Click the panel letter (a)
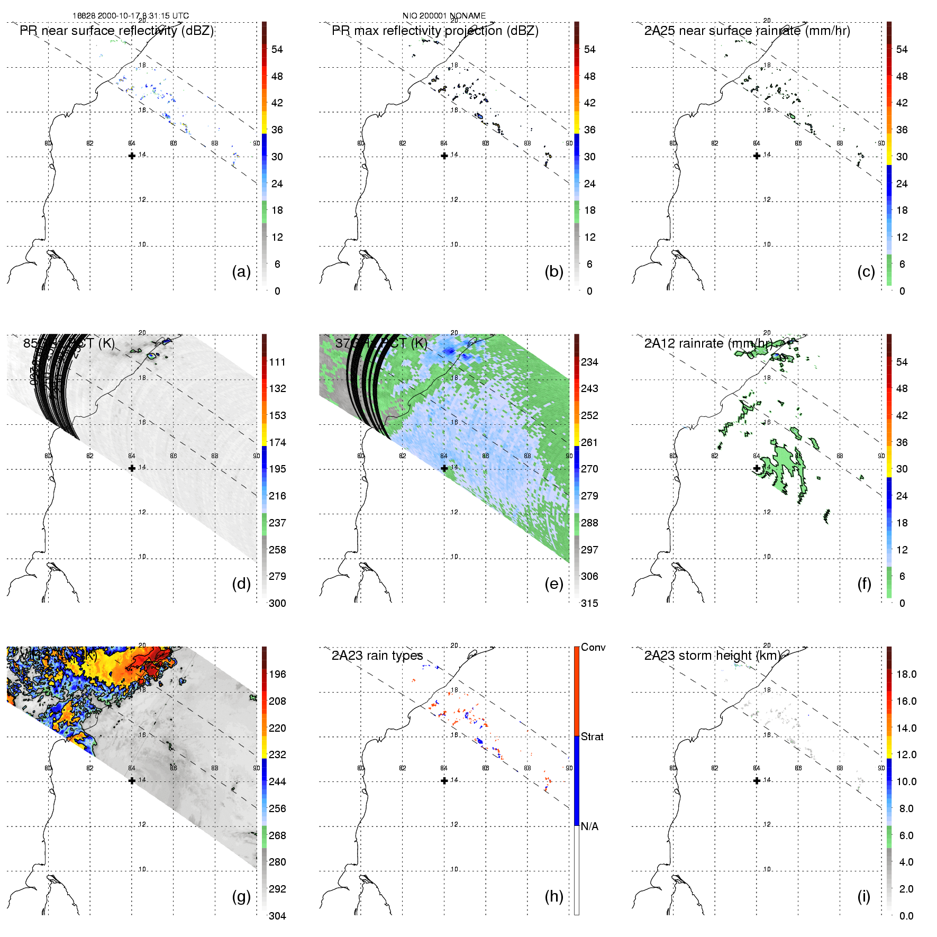pyautogui.click(x=241, y=271)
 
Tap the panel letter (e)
pyautogui.click(x=553, y=584)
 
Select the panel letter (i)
pyautogui.click(x=863, y=896)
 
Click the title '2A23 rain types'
pyautogui.click(x=377, y=656)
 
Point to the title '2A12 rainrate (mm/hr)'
pyautogui.click(x=708, y=343)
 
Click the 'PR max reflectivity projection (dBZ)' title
pyautogui.click(x=435, y=31)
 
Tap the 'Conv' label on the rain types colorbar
pyautogui.click(x=593, y=647)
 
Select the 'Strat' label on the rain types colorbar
pyautogui.click(x=592, y=736)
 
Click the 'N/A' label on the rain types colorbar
pyautogui.click(x=589, y=826)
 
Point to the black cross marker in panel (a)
pyautogui.click(x=132, y=156)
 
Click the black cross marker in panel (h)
pyautogui.click(x=444, y=780)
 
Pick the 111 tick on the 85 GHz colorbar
pyautogui.click(x=277, y=362)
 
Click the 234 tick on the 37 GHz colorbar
pyautogui.click(x=589, y=362)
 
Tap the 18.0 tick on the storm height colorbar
pyautogui.click(x=906, y=674)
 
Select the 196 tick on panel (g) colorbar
pyautogui.click(x=277, y=674)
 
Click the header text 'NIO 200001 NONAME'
pyautogui.click(x=444, y=15)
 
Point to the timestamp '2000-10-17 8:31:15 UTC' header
pyautogui.click(x=143, y=15)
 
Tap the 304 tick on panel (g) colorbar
pyautogui.click(x=277, y=916)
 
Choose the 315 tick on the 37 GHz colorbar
pyautogui.click(x=589, y=603)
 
